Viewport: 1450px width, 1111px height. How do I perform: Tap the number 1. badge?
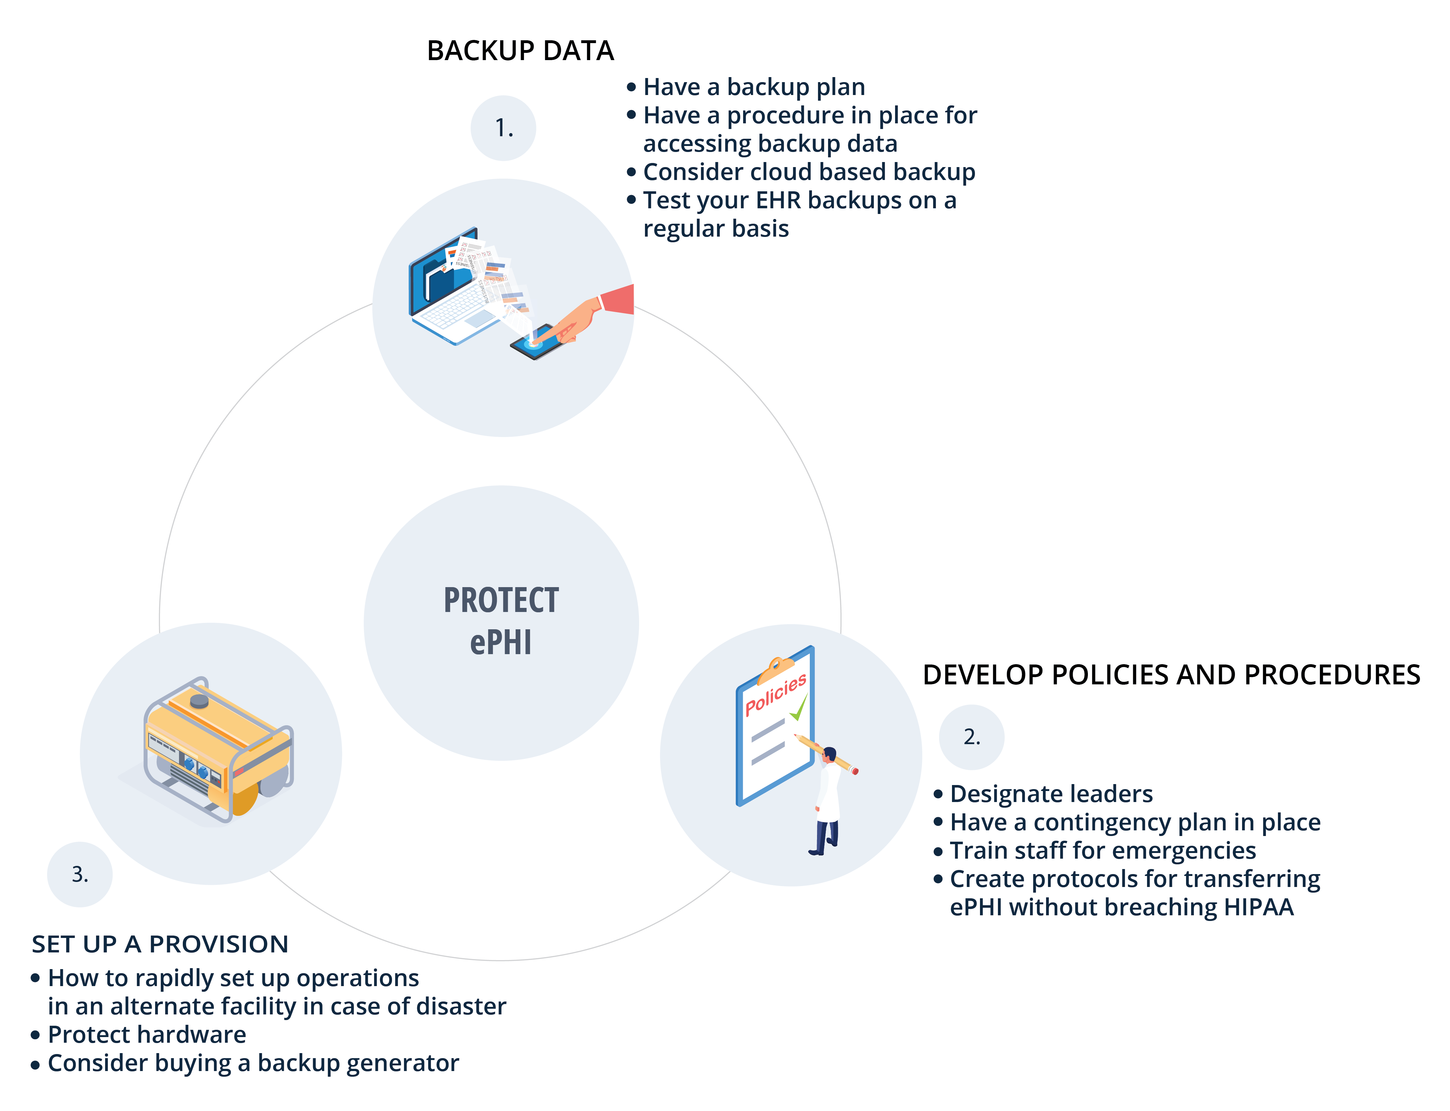503,128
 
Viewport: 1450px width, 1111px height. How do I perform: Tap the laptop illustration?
450,291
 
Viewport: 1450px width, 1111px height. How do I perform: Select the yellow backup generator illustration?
218,747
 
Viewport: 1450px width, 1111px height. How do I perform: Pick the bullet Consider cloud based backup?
809,172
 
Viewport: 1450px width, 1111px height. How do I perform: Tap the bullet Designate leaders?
1051,794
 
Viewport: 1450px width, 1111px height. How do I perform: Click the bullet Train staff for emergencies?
1102,850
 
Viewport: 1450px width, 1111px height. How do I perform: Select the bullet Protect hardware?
147,1034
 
